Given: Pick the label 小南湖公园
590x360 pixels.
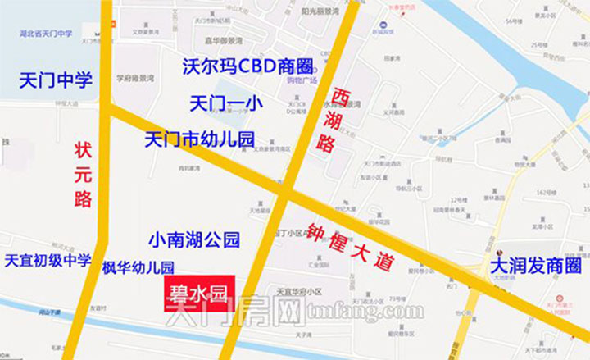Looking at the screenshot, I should point(194,240).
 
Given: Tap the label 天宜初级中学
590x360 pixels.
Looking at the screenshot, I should point(48,261).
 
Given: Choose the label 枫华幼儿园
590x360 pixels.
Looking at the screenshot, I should point(138,267).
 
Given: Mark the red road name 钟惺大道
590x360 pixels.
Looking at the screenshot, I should point(349,244).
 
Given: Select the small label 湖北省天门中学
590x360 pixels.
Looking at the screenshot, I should point(44,34).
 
